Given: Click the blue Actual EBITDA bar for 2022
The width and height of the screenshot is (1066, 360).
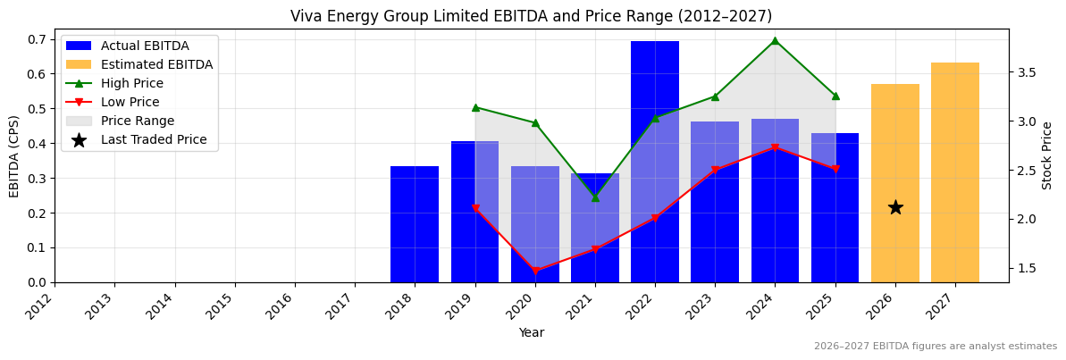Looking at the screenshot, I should point(655,161).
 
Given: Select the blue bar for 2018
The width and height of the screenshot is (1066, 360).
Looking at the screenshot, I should point(415,224).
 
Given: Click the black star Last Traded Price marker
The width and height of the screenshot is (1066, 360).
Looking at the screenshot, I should point(895,207).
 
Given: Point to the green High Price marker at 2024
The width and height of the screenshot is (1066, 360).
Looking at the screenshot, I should point(775,41).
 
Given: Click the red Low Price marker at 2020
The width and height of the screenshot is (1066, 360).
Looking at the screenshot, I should point(535,271).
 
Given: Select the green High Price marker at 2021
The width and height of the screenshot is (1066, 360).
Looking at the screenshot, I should point(595,197).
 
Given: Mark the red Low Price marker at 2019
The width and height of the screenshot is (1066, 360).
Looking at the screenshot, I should point(475,208).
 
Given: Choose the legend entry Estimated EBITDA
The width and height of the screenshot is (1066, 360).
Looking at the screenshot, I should point(156,64).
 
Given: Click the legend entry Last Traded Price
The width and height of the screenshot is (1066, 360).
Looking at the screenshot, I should point(154,139).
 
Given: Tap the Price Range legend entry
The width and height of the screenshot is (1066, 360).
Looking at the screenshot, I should point(138,121).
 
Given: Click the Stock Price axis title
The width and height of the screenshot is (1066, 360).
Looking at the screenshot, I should point(1047,155).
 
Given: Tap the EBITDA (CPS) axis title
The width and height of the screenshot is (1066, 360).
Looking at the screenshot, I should point(14,155).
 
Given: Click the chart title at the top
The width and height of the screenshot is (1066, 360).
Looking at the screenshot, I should point(531,16).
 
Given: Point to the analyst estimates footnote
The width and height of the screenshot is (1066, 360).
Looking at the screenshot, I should point(935,347).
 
